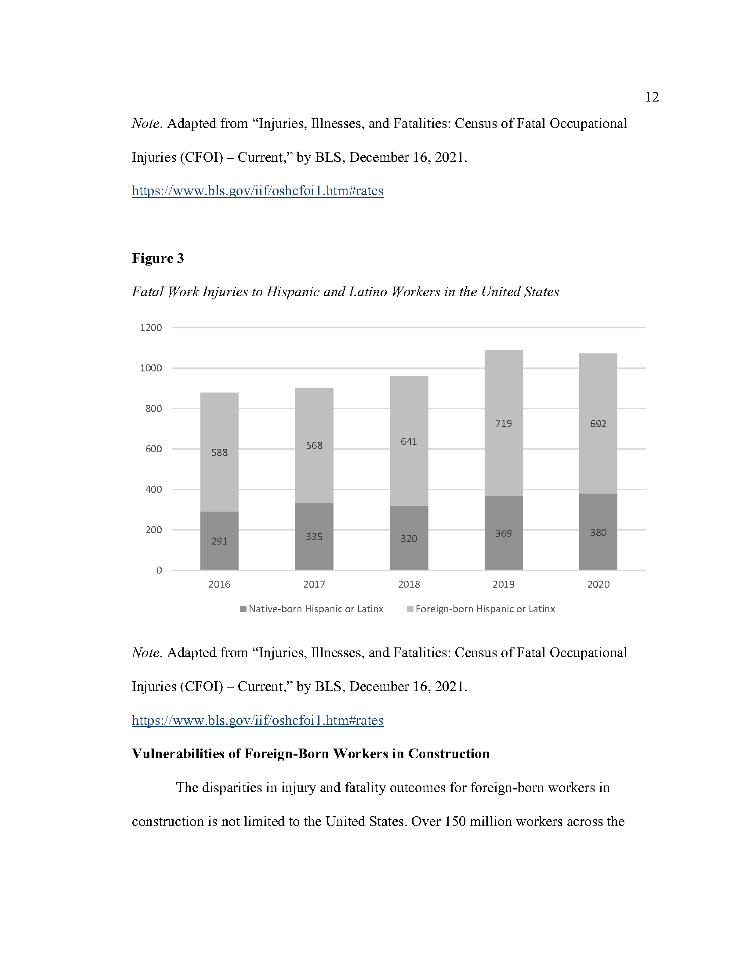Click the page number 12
[x=651, y=97]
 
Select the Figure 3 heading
[x=158, y=258]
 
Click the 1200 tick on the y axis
[x=151, y=327]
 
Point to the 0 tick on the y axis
[x=159, y=570]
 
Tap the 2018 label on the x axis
[x=409, y=584]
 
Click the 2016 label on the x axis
[x=219, y=584]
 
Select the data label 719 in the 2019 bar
[x=503, y=423]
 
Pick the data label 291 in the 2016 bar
[x=219, y=541]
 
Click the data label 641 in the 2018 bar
[x=409, y=441]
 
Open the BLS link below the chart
[x=257, y=720]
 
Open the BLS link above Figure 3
[x=257, y=191]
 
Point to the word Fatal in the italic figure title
[x=148, y=292]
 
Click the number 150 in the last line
[x=455, y=822]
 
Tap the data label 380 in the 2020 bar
[x=598, y=532]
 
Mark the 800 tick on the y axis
[x=153, y=408]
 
